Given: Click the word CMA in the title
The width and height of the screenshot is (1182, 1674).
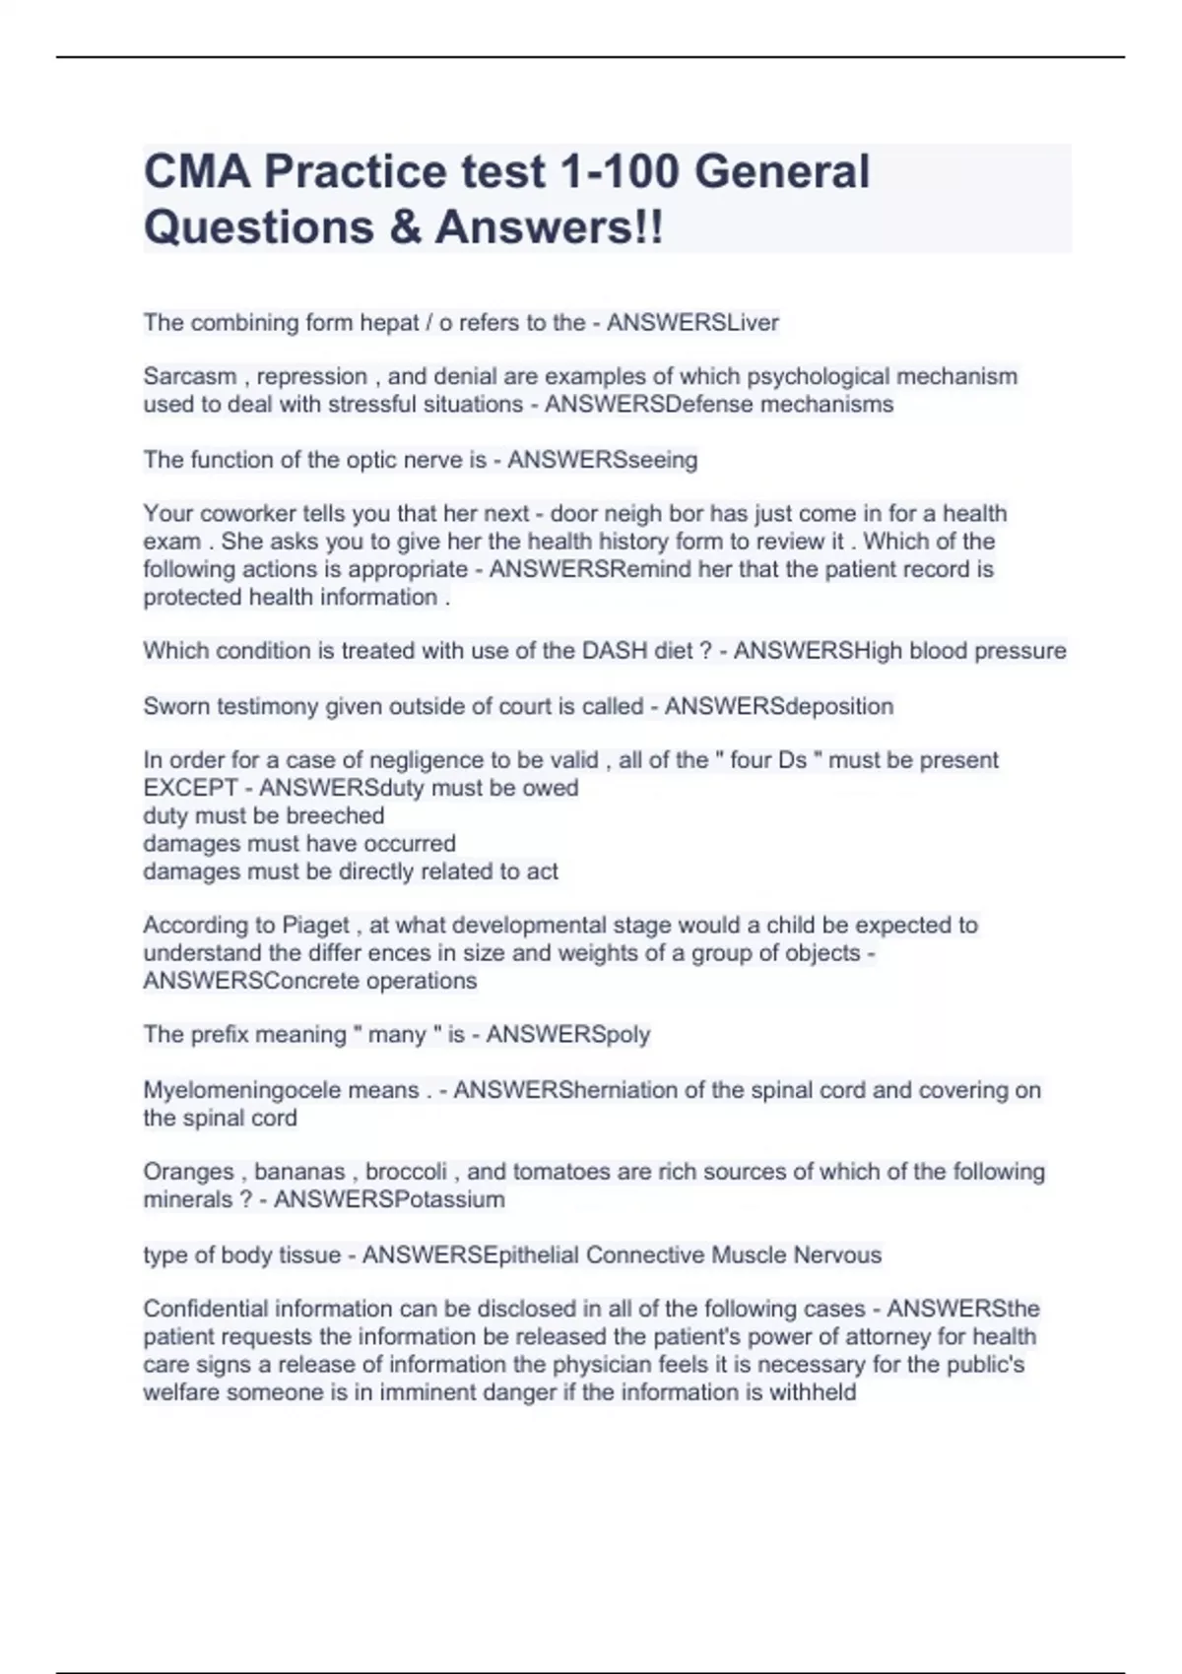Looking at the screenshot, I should pyautogui.click(x=196, y=171).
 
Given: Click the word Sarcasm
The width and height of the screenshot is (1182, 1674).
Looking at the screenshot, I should pyautogui.click(x=189, y=376).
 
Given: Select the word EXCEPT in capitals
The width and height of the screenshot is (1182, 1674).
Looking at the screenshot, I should pyautogui.click(x=190, y=788).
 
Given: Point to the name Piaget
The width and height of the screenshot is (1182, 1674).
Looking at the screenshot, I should pyautogui.click(x=315, y=926).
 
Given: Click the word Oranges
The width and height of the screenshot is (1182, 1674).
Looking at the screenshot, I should pyautogui.click(x=188, y=1172).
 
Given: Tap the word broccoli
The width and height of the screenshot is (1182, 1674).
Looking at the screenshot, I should pyautogui.click(x=406, y=1172).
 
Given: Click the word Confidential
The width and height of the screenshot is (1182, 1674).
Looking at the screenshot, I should pyautogui.click(x=205, y=1309).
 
